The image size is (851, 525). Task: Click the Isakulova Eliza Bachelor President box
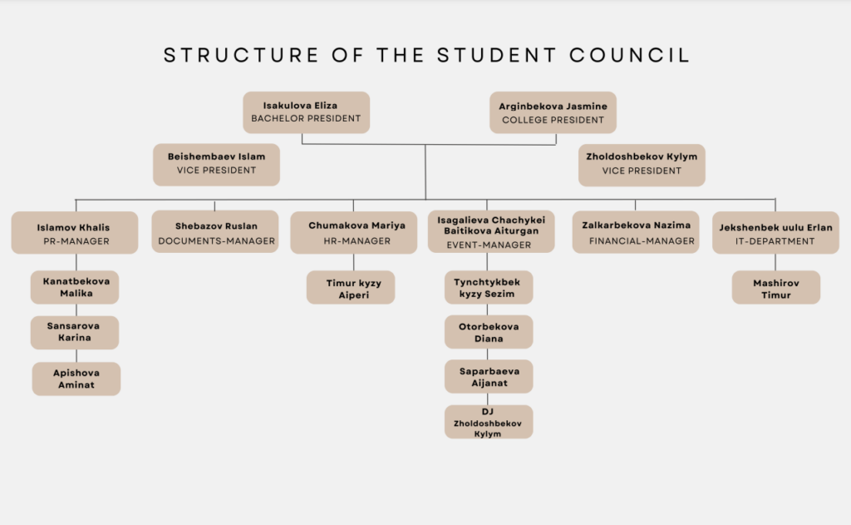point(306,112)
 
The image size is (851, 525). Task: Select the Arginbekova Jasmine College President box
point(553,112)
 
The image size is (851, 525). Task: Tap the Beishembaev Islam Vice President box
point(217,165)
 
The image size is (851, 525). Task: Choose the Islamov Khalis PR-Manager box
point(75,233)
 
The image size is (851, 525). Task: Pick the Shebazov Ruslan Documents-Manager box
point(215,231)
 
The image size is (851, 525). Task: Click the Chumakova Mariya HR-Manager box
point(354,233)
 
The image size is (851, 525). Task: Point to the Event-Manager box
point(491,231)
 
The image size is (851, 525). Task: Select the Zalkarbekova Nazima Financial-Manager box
point(636,232)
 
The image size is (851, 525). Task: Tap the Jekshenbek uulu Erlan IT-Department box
point(775,233)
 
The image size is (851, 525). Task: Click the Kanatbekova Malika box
point(75,288)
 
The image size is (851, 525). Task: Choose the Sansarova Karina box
point(75,333)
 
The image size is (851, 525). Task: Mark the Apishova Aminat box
point(76,379)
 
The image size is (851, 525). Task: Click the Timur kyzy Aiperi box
point(351,288)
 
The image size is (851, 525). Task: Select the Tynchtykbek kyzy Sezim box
point(489,288)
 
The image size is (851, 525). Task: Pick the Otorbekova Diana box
point(489,332)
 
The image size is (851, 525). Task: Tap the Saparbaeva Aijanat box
point(489,376)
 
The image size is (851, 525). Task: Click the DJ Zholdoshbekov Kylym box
point(489,422)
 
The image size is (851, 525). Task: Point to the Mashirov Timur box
point(776,288)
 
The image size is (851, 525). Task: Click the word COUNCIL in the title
point(630,55)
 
